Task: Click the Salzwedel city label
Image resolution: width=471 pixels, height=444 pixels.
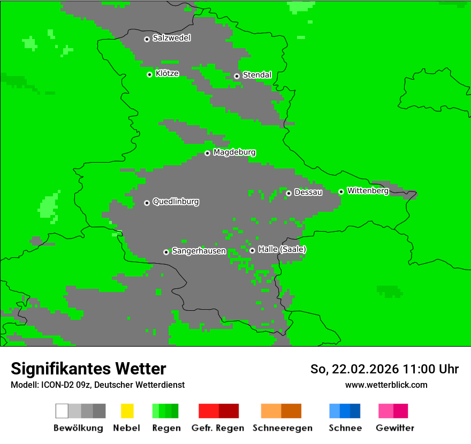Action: pos(171,38)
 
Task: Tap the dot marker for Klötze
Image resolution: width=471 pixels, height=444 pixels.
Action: pos(149,74)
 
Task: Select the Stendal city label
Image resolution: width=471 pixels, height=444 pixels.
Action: pos(257,75)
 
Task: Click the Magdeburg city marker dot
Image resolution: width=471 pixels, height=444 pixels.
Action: pos(207,153)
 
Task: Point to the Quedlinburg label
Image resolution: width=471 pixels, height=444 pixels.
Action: pos(176,202)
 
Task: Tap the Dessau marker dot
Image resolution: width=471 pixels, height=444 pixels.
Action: pos(288,193)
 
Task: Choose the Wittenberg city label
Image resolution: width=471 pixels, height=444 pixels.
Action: pos(368,190)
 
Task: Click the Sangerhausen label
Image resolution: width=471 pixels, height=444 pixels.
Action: pos(199,251)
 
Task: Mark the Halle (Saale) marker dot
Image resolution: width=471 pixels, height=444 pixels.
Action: pos(252,250)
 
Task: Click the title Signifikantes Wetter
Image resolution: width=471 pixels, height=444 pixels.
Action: pos(88,369)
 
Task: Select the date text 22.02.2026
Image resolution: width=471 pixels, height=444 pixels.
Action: pos(365,369)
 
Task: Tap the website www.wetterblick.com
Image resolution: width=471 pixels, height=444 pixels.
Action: pos(386,385)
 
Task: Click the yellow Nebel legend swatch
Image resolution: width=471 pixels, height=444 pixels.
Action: pos(127,411)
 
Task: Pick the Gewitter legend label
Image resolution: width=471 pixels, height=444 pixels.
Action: pos(395,428)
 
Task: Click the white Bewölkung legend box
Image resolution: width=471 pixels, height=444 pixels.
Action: pos(62,411)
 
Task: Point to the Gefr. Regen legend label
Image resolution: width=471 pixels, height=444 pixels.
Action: pos(218,428)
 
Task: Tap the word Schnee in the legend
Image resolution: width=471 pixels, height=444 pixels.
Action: pos(345,428)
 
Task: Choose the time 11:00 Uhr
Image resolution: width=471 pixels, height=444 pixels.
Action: pos(431,369)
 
